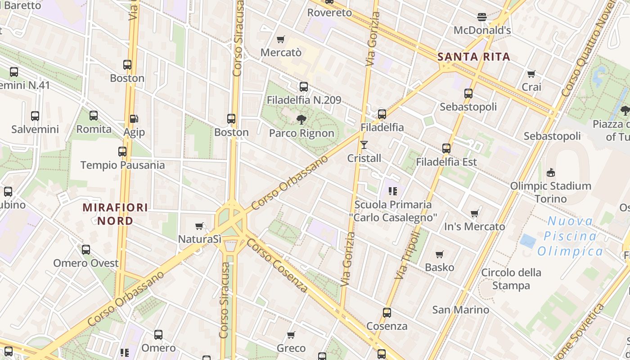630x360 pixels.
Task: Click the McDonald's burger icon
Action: point(482,17)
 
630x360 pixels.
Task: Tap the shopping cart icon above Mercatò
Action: point(281,40)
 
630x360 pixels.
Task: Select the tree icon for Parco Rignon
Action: point(301,119)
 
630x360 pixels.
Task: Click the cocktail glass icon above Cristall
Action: point(364,145)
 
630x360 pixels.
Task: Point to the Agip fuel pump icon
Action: point(134,119)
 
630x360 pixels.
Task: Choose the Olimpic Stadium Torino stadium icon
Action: point(550,172)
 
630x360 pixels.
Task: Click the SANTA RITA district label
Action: point(474,57)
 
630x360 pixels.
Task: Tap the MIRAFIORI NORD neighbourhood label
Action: point(115,214)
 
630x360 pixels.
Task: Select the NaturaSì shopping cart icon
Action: point(199,226)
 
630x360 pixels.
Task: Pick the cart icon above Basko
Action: point(440,254)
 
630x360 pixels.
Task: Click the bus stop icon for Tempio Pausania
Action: point(122,152)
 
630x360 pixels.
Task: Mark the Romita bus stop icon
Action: point(94,116)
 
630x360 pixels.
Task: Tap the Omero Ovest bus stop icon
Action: point(86,249)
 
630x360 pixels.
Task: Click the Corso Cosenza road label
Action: point(277,265)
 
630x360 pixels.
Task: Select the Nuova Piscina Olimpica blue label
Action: point(570,236)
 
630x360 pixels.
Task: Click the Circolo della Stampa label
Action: point(511,279)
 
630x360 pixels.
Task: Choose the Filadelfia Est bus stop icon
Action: point(446,148)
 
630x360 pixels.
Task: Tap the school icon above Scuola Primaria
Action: point(393,191)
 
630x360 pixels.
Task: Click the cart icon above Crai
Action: point(531,74)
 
